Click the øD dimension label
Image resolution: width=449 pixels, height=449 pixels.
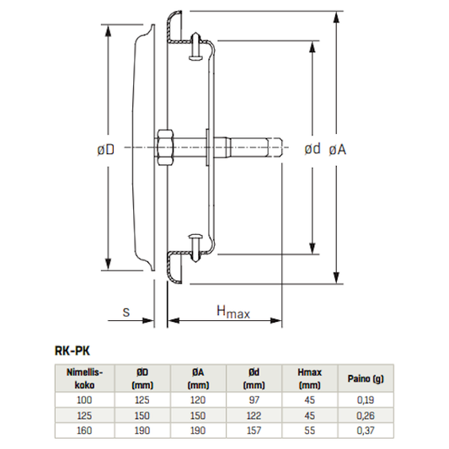tap(105, 149)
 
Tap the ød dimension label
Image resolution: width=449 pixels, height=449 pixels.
tap(313, 148)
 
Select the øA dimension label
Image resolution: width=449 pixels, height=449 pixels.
tap(337, 150)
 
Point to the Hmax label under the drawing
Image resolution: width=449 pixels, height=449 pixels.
tap(233, 312)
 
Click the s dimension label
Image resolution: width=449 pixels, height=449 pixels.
tap(126, 313)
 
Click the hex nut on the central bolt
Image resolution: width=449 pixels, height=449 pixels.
tap(164, 147)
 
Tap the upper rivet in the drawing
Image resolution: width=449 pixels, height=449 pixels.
tap(196, 46)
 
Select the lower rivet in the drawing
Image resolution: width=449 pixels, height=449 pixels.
tap(196, 249)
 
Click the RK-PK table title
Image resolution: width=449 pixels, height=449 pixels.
tap(72, 351)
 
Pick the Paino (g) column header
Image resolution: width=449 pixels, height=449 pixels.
tap(366, 378)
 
